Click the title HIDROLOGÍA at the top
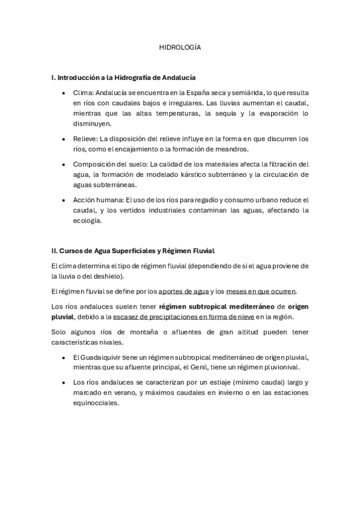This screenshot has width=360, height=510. click(x=180, y=46)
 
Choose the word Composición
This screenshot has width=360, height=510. click(x=94, y=164)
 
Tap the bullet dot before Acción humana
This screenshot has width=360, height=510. click(x=64, y=200)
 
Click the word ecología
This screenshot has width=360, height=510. click(x=87, y=220)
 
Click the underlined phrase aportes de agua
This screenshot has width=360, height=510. click(x=183, y=291)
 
